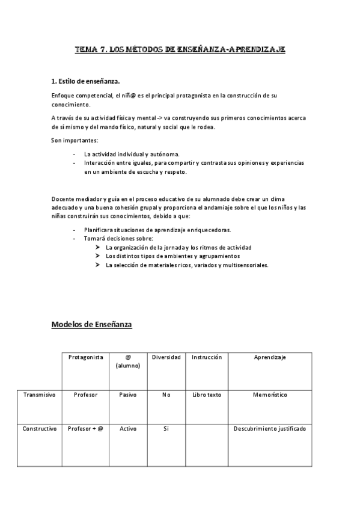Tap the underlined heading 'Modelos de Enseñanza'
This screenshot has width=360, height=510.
pos(92,325)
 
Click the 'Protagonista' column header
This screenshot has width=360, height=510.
pos(86,357)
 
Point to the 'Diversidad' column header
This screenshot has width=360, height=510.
pos(166,357)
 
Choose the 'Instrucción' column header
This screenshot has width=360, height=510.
pos(207,357)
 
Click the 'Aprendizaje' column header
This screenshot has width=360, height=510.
pos(270,357)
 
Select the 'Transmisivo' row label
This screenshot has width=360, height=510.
pos(39,395)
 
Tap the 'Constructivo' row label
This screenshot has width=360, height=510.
pos(40,429)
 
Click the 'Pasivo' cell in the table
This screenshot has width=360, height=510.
pos(127,395)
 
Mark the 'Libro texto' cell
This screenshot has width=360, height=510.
pos(207,395)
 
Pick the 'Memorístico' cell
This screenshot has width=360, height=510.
pos(270,395)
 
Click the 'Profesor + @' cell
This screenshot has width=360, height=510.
pos(86,429)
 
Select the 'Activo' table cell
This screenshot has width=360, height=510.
pos(127,429)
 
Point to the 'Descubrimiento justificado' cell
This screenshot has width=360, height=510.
pos(270,429)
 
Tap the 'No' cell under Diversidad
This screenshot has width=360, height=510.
pos(166,395)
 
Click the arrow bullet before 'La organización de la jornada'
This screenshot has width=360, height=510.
pos(98,248)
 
